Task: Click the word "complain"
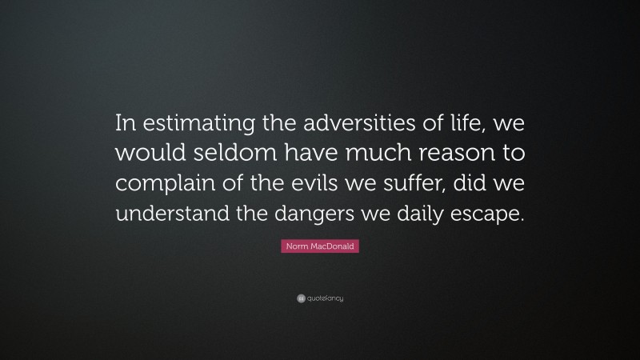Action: pyautogui.click(x=165, y=181)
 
